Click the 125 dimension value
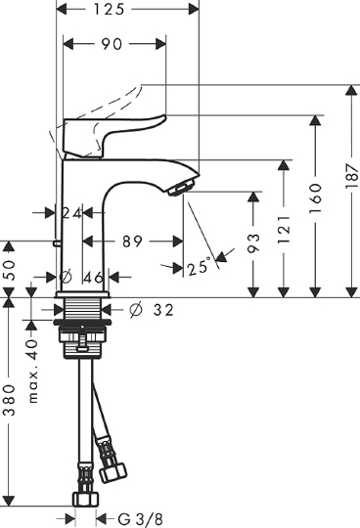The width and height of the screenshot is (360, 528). click(109, 9)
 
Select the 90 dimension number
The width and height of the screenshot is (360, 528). click(112, 44)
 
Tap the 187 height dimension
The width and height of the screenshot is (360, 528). click(352, 176)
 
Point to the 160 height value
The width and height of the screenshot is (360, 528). click(316, 198)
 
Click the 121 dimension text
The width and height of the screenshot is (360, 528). click(284, 230)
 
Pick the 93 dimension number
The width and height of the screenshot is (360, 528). click(253, 243)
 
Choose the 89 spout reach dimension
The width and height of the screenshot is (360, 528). click(132, 242)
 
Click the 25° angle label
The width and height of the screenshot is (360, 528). click(200, 267)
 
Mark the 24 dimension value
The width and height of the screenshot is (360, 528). click(71, 213)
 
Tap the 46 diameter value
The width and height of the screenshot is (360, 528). click(93, 278)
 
